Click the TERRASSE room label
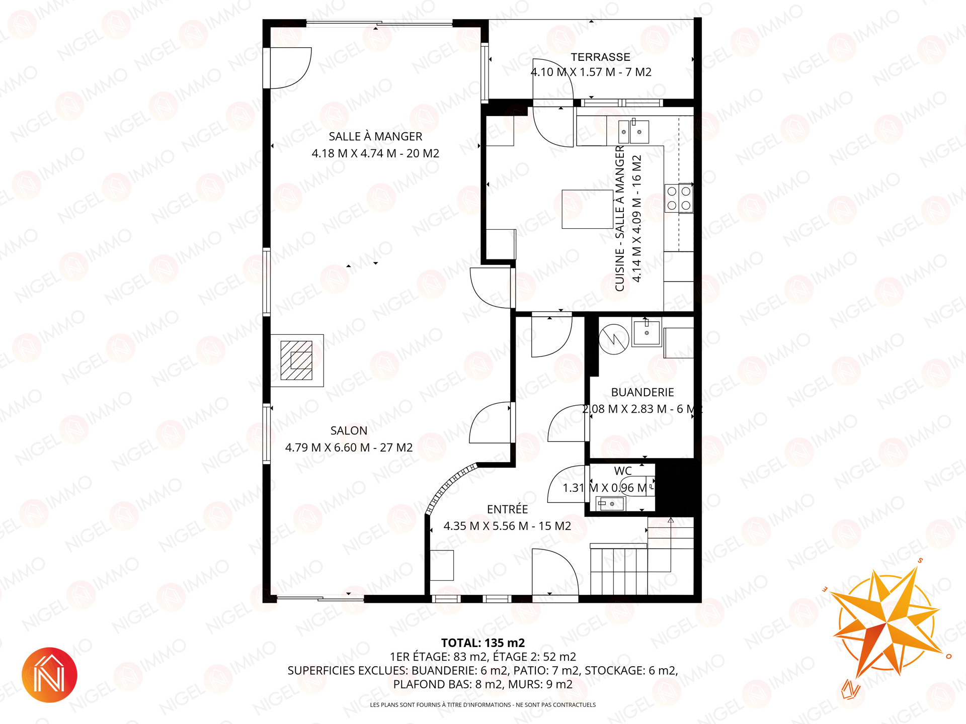(600, 57)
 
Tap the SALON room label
(349, 431)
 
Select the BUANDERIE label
(642, 393)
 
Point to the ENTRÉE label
(507, 509)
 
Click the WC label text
(623, 471)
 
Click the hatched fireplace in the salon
(297, 360)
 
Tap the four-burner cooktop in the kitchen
(679, 198)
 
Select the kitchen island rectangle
(587, 209)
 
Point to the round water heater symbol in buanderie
(614, 339)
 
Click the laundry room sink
(647, 332)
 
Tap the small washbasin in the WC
(610, 503)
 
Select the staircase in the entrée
(642, 558)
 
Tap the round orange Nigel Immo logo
(49, 675)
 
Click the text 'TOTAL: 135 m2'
(483, 643)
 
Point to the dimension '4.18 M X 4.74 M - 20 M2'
(375, 153)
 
